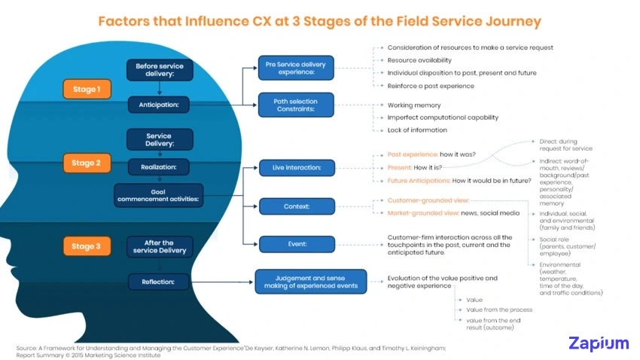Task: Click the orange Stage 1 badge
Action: [84, 89]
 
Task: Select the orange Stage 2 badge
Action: [84, 163]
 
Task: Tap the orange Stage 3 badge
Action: [84, 246]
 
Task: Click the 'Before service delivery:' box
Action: [159, 71]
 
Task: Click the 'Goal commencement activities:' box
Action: [159, 196]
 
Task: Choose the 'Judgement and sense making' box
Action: [310, 281]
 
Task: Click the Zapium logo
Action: [598, 343]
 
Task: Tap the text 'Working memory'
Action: [414, 105]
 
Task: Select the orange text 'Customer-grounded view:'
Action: [428, 200]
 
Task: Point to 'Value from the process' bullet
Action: [499, 310]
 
